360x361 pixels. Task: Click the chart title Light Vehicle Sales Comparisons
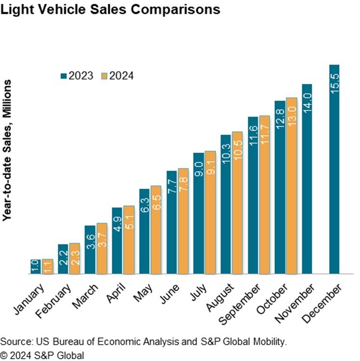click(x=111, y=10)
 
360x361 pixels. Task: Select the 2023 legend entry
click(x=77, y=76)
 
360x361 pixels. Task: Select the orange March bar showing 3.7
click(x=102, y=248)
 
